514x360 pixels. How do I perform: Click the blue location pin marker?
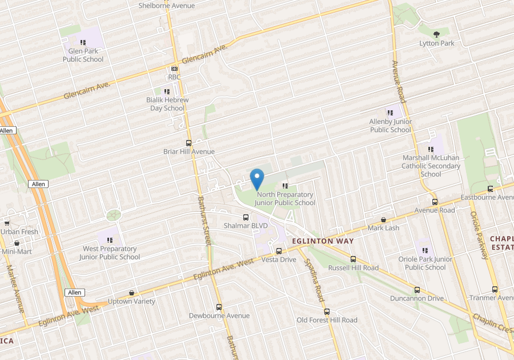coord(257,179)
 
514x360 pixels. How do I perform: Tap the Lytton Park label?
coord(437,43)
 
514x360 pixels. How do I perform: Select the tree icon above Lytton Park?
coord(437,34)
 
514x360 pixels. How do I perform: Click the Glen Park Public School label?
coord(83,55)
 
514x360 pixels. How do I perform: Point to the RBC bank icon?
coord(174,69)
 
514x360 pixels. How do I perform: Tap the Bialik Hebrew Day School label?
coord(167,104)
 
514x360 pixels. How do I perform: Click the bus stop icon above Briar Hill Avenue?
coord(188,143)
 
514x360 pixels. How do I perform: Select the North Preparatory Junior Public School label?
coord(285,198)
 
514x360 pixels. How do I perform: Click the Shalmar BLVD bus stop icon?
coord(246,217)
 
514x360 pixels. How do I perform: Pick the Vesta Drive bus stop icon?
coord(279,251)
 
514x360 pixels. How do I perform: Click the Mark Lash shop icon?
coord(383,219)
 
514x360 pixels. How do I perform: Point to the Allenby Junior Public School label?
coord(391,126)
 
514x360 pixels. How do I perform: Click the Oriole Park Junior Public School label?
coord(425,263)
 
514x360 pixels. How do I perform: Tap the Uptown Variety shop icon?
coord(132,293)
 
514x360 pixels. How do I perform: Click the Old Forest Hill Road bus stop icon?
coord(327,311)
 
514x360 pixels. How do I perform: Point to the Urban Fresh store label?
coord(19,232)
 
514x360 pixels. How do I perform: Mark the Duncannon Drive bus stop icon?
coord(417,290)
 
